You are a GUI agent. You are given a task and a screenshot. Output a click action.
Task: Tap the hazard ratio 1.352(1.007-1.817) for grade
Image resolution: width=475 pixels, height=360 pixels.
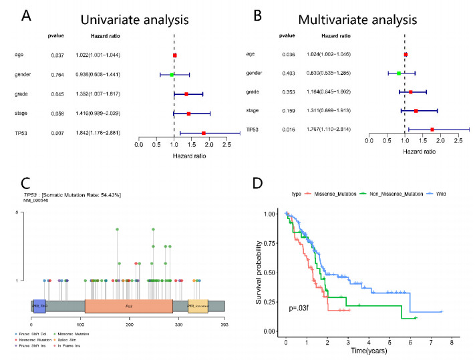point(112,94)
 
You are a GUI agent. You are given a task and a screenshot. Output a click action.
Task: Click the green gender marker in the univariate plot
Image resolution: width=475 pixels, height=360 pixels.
point(172,75)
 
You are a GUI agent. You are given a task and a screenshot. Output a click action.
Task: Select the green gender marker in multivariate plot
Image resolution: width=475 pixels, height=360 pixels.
point(399,72)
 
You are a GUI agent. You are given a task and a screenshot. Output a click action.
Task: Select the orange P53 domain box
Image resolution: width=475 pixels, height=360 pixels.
point(128,305)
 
